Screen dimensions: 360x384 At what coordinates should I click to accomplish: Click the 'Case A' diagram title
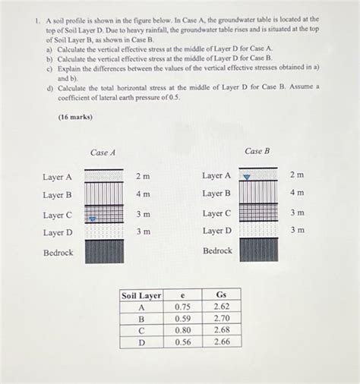coord(103,153)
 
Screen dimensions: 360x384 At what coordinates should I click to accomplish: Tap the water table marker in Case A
coord(92,219)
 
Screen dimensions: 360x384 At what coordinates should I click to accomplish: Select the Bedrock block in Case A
coord(104,251)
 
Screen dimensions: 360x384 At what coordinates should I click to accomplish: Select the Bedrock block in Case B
coord(258,250)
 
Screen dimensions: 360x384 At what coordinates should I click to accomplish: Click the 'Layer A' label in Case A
coord(58,178)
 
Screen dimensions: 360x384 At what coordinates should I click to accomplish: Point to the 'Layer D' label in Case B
coord(216,231)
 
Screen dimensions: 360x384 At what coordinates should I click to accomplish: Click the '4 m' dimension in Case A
coord(143,195)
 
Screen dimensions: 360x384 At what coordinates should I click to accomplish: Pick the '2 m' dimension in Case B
coord(297,175)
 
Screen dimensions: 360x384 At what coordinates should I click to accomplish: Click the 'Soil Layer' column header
coord(141,294)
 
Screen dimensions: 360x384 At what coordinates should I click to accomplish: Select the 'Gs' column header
coord(222,294)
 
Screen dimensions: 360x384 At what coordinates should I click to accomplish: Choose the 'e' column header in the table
coord(182,294)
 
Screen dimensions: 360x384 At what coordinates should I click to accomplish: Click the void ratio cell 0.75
coord(182,307)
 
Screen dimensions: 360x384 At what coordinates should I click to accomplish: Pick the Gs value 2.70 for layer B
coord(222,319)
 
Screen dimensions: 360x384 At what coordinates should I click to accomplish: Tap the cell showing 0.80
coord(182,332)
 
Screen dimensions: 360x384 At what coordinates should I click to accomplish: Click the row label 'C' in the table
coord(141,332)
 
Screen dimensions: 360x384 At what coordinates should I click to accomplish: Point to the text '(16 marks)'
coord(74,119)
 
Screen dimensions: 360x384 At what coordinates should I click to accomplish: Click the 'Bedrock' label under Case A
coord(58,252)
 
